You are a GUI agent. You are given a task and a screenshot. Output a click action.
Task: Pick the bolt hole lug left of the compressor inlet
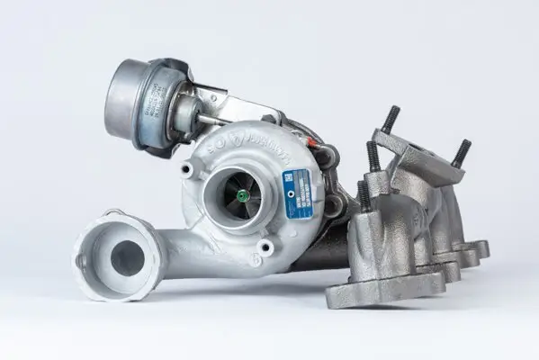(x=186, y=169)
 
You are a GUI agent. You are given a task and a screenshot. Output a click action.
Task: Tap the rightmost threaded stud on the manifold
(x=461, y=153)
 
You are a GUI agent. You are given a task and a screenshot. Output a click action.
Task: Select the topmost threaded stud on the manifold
(x=391, y=120)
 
